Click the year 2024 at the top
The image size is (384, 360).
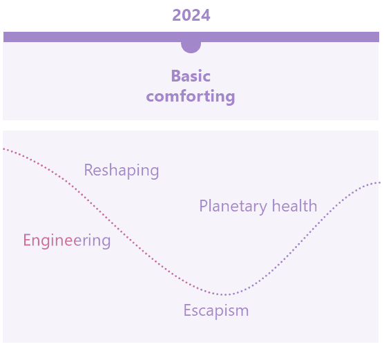191,15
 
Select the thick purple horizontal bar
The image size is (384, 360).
191,37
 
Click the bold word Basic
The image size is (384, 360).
191,76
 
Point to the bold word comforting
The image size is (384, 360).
191,96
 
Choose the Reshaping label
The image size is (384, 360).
122,171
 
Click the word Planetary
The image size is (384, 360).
233,206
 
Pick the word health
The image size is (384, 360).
295,205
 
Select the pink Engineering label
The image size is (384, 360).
67,241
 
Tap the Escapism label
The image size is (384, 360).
216,311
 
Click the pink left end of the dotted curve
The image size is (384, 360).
4,149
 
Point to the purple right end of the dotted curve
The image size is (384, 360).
379,182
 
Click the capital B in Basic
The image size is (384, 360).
175,76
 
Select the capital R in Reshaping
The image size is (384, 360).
88,170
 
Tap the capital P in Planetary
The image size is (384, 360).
203,206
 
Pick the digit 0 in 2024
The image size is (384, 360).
186,15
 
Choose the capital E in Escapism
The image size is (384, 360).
187,310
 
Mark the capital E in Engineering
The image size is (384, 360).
27,240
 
